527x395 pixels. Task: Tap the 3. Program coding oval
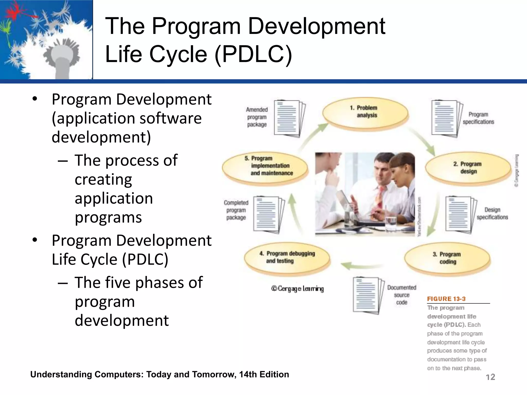point(447,258)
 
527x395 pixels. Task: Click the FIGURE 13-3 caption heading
point(446,299)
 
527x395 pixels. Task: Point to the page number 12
point(490,377)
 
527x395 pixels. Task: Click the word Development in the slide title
point(317,26)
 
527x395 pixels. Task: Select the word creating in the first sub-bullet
point(103,179)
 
